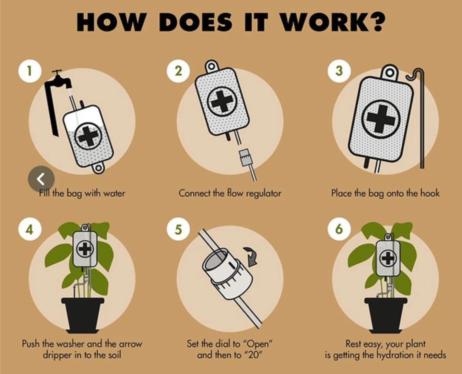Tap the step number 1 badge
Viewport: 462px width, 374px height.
[29, 70]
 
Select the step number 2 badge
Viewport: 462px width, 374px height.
[178, 70]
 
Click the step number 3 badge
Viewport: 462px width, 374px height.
[339, 70]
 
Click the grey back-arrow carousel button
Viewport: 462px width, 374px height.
[41, 178]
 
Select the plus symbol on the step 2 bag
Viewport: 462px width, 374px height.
[222, 101]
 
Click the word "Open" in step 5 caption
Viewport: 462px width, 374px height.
[258, 344]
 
